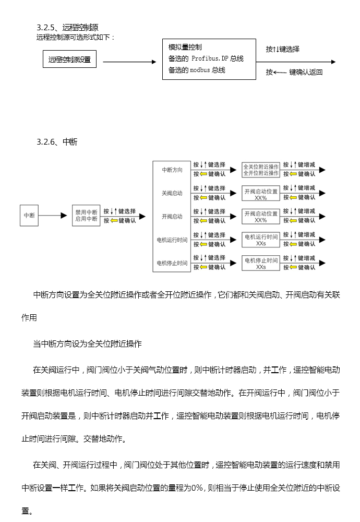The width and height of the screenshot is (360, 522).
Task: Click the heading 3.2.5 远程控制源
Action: [x=67, y=28]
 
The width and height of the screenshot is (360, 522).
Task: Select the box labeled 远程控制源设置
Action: [x=69, y=60]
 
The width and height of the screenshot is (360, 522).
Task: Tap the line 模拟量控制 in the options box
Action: [x=185, y=47]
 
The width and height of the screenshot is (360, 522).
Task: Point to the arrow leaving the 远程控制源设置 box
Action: [x=129, y=62]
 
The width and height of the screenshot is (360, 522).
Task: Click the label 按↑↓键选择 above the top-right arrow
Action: [x=282, y=49]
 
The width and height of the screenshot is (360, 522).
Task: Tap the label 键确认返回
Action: [x=306, y=72]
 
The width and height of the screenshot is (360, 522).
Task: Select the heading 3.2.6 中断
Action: [x=57, y=142]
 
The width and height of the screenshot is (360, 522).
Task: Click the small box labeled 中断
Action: [x=29, y=216]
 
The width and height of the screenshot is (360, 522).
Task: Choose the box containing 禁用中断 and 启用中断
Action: [x=86, y=216]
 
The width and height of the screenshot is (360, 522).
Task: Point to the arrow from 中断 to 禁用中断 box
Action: [x=53, y=216]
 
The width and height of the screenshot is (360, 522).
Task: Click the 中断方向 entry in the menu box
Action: [x=172, y=170]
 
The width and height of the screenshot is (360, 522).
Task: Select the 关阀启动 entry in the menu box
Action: [x=172, y=193]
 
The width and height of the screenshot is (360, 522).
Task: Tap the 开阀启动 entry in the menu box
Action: [x=172, y=217]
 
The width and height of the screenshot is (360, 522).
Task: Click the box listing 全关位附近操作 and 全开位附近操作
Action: [x=261, y=170]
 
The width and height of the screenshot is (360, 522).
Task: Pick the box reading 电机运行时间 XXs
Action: [x=261, y=240]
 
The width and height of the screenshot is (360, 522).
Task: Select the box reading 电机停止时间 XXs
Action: [x=261, y=263]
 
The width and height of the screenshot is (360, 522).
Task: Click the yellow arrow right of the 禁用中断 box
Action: [x=114, y=220]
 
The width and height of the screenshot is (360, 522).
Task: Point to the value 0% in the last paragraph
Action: [x=197, y=488]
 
